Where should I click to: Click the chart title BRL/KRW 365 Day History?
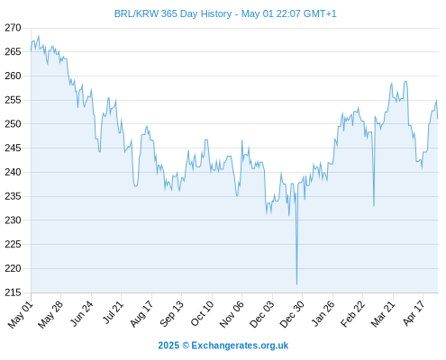coord(173,13)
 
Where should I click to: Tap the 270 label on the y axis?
coord(13,28)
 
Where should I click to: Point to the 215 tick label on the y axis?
coord(13,292)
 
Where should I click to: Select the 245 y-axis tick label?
coord(13,148)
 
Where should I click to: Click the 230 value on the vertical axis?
coord(13,220)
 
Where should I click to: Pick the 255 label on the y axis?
coord(13,100)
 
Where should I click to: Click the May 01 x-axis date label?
coord(21,314)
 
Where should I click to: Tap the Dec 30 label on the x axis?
coord(292,314)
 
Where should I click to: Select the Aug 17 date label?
coord(141,314)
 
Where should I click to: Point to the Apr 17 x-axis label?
coord(414,313)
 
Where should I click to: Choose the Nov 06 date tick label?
coord(232,314)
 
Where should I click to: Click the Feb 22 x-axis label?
coord(352,314)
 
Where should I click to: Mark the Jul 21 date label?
coord(113,312)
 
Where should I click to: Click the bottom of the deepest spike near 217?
coord(296,284)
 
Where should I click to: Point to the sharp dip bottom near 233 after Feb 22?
coord(374,206)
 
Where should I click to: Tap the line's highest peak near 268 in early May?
coord(39,36)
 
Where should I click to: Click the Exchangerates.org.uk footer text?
coord(240,346)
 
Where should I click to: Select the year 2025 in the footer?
coord(168,346)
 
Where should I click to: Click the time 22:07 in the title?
coord(288,13)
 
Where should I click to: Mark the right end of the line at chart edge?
coord(438,119)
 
